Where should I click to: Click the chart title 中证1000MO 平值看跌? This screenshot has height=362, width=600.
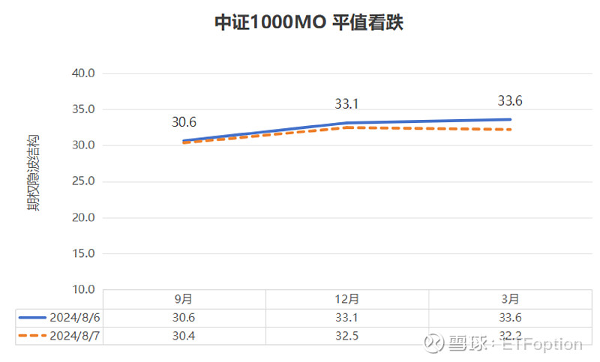click(309, 23)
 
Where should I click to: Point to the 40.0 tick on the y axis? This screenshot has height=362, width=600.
click(82, 73)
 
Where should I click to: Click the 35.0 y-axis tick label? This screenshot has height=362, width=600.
click(82, 109)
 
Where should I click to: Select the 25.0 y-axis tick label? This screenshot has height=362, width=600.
click(82, 181)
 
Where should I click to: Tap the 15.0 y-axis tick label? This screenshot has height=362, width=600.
click(82, 253)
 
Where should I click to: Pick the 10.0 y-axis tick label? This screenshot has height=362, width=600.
click(82, 289)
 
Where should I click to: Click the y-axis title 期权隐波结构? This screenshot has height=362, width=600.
click(34, 173)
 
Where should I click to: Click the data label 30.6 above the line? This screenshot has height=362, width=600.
click(184, 122)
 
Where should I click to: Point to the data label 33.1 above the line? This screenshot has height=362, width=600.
click(347, 104)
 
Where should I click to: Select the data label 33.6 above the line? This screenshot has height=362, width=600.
click(510, 100)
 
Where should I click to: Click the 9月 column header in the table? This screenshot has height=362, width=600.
click(184, 299)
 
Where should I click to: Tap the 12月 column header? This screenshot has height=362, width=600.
click(347, 299)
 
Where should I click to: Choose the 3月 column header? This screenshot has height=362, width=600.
click(510, 299)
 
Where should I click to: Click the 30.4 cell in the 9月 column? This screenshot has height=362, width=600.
click(184, 336)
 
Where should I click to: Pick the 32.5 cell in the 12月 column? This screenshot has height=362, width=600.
click(347, 336)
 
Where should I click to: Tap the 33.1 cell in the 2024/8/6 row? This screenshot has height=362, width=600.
click(347, 317)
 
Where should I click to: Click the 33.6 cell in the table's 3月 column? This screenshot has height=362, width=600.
click(510, 317)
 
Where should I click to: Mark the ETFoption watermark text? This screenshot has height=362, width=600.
click(541, 344)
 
